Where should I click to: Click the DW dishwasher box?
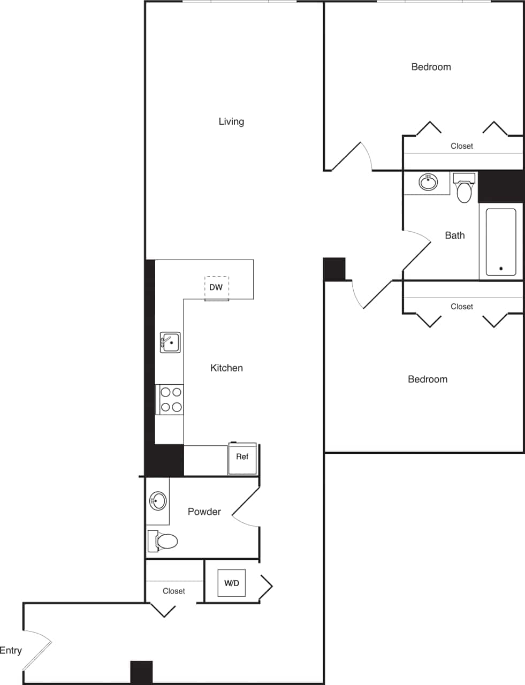(216, 287)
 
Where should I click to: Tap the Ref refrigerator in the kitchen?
(242, 458)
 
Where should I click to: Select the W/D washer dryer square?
(232, 583)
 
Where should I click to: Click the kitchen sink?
(170, 342)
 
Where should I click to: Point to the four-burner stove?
(170, 400)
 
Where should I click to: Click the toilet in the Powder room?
(163, 542)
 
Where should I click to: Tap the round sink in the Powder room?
(157, 501)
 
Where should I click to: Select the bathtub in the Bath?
(501, 241)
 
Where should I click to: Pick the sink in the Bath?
(428, 182)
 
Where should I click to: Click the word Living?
(231, 121)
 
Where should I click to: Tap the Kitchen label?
(226, 368)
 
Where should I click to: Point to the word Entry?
(11, 651)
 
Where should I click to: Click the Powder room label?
(204, 512)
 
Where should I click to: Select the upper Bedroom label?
(431, 67)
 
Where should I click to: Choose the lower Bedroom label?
(427, 379)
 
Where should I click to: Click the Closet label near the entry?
(174, 591)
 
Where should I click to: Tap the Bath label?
(455, 235)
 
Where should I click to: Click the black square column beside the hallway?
(334, 269)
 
